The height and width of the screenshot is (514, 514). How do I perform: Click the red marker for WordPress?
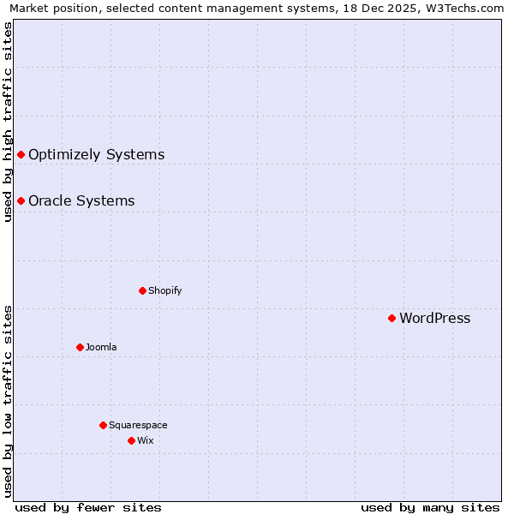391,318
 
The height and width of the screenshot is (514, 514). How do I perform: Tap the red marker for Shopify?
142,290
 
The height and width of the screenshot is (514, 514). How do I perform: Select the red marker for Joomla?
80,347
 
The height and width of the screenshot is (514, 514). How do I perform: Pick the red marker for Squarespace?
103,425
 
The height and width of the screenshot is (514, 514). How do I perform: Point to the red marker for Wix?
131,440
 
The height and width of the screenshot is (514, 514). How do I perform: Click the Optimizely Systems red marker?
21,154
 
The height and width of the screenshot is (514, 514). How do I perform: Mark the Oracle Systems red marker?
21,200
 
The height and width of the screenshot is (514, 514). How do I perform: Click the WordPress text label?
435,319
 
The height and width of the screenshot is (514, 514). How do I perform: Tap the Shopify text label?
165,291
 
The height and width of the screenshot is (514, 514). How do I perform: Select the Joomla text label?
101,348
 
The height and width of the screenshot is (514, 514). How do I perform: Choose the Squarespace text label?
138,426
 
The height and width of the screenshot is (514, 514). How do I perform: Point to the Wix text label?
146,441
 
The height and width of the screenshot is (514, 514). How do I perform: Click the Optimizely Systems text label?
97,155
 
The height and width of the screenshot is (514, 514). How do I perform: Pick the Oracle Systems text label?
81,201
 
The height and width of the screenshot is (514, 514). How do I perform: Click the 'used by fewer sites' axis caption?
88,508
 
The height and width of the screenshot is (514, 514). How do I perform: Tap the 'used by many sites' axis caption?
430,508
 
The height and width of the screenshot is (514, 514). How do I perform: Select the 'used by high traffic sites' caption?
8,123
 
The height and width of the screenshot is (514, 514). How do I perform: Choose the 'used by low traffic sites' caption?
8,401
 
